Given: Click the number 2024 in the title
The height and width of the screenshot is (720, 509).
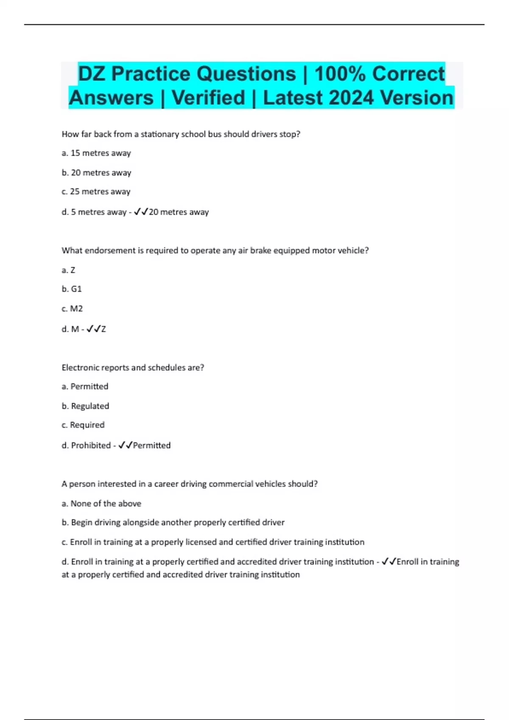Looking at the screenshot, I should click(352, 98).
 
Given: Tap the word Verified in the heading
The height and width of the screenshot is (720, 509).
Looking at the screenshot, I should click(208, 98).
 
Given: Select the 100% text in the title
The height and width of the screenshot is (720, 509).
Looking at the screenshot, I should click(340, 74).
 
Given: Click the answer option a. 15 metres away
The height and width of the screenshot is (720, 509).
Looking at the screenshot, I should click(96, 153).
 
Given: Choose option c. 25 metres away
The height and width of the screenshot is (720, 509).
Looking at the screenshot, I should click(96, 192).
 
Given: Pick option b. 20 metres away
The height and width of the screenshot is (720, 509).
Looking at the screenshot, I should click(96, 173).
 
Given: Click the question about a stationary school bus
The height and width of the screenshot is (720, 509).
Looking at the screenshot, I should click(181, 134).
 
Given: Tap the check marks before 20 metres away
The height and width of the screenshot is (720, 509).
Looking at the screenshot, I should click(140, 212).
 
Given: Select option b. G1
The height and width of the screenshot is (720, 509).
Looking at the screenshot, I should click(72, 289).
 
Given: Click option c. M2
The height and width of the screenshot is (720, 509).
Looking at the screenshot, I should click(72, 309).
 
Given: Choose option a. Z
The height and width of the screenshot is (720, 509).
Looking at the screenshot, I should click(68, 270).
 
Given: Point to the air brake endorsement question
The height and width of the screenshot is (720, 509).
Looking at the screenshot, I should click(215, 251).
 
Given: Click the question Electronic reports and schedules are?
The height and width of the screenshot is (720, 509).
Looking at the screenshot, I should click(133, 368).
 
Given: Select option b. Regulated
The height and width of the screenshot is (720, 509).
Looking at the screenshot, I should click(85, 406).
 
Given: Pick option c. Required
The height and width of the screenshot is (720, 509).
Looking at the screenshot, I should click(83, 425).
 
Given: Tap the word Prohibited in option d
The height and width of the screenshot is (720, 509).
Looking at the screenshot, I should click(91, 446).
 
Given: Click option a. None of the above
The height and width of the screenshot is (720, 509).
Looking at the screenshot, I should click(101, 504).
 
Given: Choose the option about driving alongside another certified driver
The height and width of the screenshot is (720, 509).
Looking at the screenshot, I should click(173, 523).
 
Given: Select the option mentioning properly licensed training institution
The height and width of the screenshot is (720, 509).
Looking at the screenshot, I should click(213, 542).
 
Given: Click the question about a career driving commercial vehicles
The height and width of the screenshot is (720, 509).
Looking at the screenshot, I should click(190, 484).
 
